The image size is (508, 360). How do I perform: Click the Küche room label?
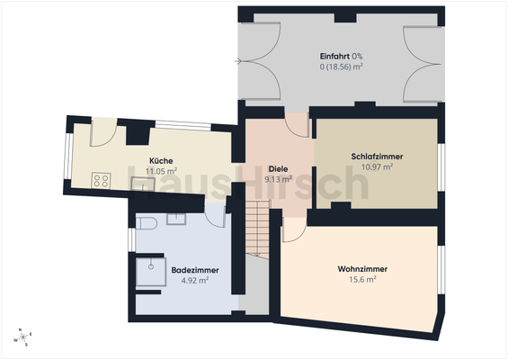162,160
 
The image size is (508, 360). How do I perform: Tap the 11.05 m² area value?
162,170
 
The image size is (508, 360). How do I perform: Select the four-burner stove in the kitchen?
101,181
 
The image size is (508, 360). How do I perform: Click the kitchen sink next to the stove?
140,183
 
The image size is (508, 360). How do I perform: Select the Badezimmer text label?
195,269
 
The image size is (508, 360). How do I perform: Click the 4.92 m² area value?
195,280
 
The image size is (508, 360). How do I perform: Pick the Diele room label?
279,168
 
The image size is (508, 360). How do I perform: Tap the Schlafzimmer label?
377,157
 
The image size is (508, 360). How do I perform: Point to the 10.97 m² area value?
377,166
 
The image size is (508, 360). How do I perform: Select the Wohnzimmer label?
362,268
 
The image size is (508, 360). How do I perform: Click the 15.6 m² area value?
362,279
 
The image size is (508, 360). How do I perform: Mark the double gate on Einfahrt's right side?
425,62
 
